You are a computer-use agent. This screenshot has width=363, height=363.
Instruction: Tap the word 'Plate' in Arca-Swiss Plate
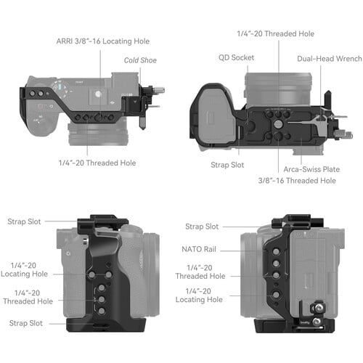330,168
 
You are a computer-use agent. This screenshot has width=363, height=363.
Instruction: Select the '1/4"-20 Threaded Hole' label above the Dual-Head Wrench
275,33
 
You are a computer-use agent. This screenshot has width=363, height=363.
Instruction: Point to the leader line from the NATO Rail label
232,249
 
